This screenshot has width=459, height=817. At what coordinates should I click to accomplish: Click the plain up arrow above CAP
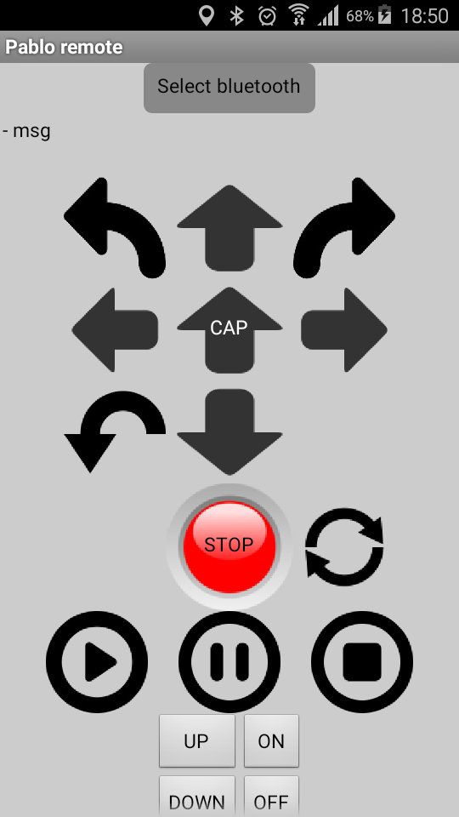[229, 228]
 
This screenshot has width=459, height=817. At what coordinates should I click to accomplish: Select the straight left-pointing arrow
[115, 330]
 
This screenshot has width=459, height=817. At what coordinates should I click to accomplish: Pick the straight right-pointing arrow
[344, 330]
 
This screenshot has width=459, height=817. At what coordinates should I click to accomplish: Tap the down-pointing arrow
[229, 432]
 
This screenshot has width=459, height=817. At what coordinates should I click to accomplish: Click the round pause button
[229, 662]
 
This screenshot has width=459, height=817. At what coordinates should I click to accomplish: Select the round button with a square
[362, 662]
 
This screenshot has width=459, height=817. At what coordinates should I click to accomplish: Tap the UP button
[196, 741]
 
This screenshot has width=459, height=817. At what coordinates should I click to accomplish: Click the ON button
[271, 741]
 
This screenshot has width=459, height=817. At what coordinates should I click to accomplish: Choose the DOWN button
[196, 797]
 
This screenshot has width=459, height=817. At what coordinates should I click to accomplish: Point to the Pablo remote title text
[64, 48]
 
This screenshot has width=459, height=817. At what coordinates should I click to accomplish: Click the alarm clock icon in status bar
[267, 16]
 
